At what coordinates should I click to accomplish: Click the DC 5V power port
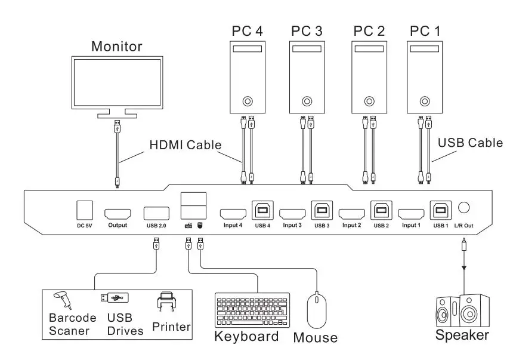pyautogui.click(x=85, y=210)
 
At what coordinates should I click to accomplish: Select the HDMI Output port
pyautogui.click(x=118, y=213)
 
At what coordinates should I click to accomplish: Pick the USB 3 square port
pyautogui.click(x=321, y=210)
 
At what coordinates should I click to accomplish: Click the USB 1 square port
pyautogui.click(x=440, y=210)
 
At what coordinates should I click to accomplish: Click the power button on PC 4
pyautogui.click(x=248, y=101)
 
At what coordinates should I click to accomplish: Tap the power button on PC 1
pyautogui.click(x=424, y=101)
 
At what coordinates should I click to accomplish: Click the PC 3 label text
pyautogui.click(x=307, y=30)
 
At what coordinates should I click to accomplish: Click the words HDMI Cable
pyautogui.click(x=185, y=144)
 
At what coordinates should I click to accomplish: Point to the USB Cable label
pyautogui.click(x=470, y=143)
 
